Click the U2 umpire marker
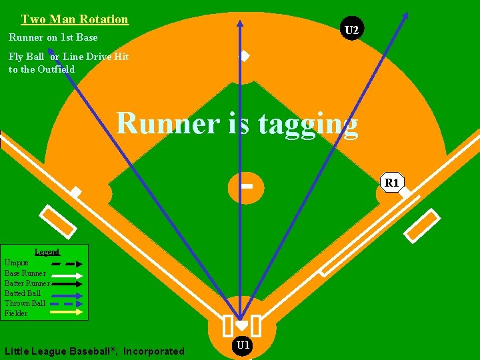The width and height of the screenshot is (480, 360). click(351, 29)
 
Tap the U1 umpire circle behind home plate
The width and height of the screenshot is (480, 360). click(243, 345)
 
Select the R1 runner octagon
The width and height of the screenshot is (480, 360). click(391, 182)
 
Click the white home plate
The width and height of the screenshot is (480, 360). click(241, 325)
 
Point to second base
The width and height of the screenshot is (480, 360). click(245, 57)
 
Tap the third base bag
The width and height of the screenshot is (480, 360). click(77, 193)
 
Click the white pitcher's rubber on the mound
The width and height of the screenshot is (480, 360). click(245, 185)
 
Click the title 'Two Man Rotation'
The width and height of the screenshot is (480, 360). click(75, 19)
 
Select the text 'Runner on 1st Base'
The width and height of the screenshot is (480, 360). click(53, 37)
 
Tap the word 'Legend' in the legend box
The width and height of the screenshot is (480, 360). click(47, 252)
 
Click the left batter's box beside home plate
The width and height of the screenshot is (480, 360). click(227, 325)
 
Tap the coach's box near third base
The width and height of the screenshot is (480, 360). click(59, 221)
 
